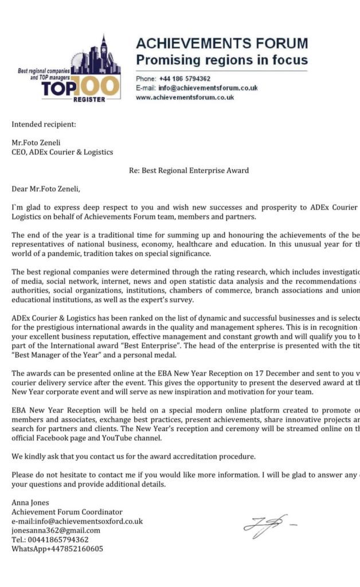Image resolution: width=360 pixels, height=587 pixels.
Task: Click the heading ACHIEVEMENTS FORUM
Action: point(221,44)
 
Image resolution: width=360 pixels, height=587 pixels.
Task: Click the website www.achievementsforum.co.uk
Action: point(185,97)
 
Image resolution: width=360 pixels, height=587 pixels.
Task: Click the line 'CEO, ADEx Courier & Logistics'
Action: point(62,152)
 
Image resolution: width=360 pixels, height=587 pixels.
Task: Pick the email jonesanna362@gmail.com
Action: point(56,530)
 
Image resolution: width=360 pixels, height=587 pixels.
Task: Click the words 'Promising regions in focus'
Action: point(221,60)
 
